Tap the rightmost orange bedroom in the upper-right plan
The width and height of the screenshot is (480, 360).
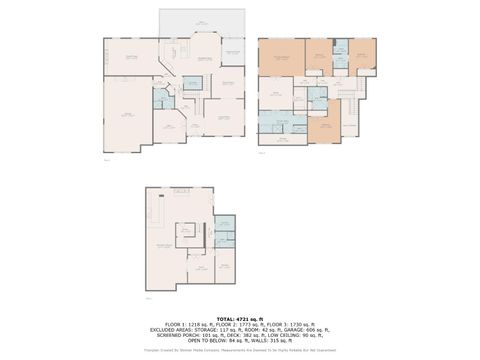(362, 57)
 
